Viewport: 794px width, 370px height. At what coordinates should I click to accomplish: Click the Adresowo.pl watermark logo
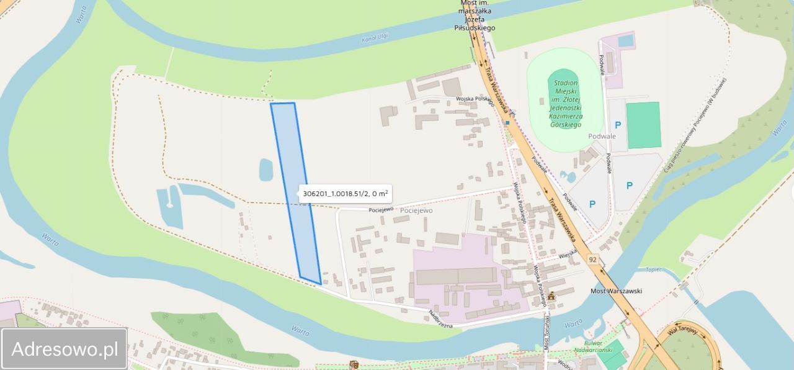pyautogui.click(x=65, y=349)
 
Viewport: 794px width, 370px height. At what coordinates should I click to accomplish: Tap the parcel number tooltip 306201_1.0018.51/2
pyautogui.click(x=346, y=194)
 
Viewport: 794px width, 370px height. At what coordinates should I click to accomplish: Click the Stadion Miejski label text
pyautogui.click(x=565, y=104)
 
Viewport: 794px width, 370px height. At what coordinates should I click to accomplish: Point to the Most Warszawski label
pyautogui.click(x=615, y=291)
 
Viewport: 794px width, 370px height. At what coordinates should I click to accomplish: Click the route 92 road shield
pyautogui.click(x=593, y=259)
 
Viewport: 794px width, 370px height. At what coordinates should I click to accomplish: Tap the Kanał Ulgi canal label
pyautogui.click(x=375, y=38)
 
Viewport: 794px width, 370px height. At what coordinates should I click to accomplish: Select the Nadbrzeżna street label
pyautogui.click(x=441, y=319)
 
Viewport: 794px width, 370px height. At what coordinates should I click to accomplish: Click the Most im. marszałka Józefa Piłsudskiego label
pyautogui.click(x=477, y=15)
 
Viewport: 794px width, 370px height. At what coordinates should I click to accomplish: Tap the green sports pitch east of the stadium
pyautogui.click(x=643, y=125)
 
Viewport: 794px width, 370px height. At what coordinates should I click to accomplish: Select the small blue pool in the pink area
pyautogui.click(x=626, y=40)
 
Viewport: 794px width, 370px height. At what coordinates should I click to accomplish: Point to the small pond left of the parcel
pyautogui.click(x=266, y=169)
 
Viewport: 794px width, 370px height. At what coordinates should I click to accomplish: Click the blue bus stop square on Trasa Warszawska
pyautogui.click(x=507, y=122)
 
